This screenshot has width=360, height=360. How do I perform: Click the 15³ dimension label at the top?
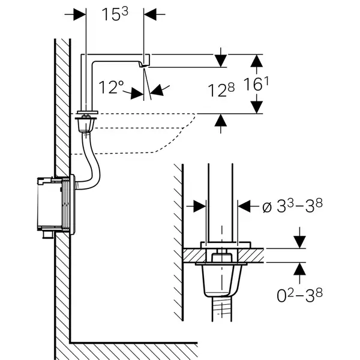[115, 14]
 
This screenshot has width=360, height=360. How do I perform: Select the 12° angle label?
[111, 87]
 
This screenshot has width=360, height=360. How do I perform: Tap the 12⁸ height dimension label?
[221, 90]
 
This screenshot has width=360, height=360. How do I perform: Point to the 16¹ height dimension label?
[256, 84]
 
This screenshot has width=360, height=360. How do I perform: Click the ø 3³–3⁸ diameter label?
[292, 205]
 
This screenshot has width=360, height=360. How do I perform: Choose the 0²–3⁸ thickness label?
[299, 295]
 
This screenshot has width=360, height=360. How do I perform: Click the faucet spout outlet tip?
[143, 65]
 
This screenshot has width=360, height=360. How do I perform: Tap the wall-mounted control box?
[56, 205]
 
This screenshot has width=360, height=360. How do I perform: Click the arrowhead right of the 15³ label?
[150, 14]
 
